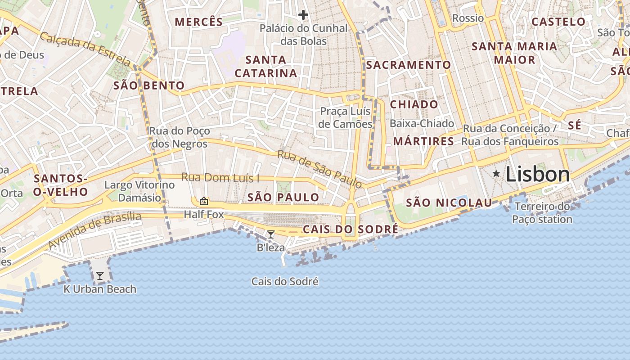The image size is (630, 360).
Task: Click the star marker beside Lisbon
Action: (x=496, y=173)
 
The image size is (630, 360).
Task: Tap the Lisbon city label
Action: (x=538, y=174)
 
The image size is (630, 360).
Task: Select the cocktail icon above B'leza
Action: (x=271, y=234)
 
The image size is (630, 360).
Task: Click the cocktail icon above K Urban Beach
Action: (x=100, y=276)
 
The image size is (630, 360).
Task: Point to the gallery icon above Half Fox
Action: (x=204, y=201)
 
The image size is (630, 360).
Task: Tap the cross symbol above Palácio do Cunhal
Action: (x=303, y=15)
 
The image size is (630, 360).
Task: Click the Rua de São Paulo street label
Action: (x=319, y=169)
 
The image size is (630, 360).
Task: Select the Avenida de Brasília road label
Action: (x=94, y=230)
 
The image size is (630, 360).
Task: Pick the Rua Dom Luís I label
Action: (x=220, y=178)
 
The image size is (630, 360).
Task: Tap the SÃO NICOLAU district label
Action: (x=449, y=203)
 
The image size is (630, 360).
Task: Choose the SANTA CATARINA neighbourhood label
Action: (x=266, y=66)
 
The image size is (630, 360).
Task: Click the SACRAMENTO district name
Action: (x=408, y=65)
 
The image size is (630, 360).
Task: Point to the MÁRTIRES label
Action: (x=423, y=141)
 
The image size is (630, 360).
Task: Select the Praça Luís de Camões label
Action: (x=346, y=117)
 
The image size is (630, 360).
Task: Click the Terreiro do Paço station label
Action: (x=542, y=213)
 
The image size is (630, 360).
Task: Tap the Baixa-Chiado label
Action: (x=422, y=123)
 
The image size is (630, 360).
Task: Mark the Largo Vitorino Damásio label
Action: (x=139, y=191)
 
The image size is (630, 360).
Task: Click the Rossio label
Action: (x=468, y=18)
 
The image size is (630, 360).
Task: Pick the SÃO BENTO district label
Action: (x=149, y=85)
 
